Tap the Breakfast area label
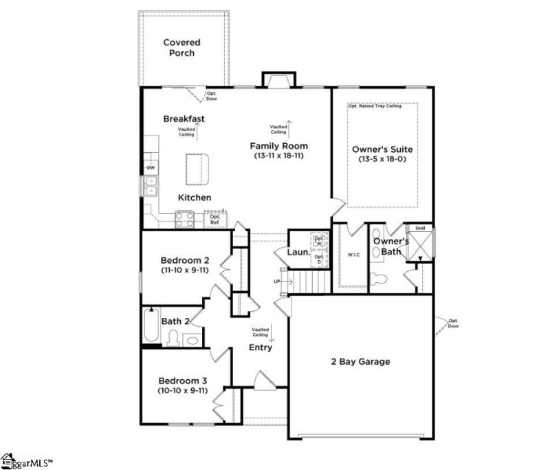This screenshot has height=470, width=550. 184,118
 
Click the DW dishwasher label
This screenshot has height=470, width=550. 150,167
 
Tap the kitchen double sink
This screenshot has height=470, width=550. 151,186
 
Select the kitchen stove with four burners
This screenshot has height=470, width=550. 184,219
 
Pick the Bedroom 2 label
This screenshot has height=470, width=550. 184,260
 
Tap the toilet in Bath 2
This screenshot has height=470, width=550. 175,339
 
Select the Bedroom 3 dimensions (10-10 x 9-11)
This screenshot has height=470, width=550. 184,391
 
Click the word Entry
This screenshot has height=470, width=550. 261,348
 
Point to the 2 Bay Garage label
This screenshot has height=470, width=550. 361,362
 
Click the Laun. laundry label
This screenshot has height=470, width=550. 297,253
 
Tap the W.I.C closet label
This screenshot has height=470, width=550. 353,255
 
